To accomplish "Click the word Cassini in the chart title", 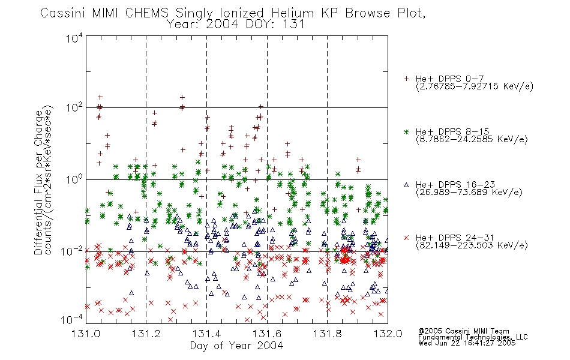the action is [63, 13].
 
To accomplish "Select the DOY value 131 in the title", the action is [293, 25].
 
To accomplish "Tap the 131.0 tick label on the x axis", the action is [86, 334].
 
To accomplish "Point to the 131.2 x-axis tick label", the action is [146, 334].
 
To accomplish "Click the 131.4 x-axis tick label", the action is [206, 334].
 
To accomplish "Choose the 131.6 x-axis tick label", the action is [267, 334].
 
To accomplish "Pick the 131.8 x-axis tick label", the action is [328, 334].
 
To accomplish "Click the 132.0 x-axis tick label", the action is [388, 334].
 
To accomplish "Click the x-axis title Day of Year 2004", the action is [236, 346].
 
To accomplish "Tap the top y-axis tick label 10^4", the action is [74, 38].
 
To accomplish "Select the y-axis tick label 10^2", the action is [74, 108].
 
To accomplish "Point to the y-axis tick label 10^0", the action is [74, 179].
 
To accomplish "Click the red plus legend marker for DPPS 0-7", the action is [406, 79].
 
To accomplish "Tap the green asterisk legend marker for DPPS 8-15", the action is [406, 131].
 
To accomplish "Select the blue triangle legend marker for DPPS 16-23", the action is [406, 185].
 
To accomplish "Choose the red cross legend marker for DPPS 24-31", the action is [406, 238].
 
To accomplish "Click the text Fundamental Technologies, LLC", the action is [473, 337].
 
